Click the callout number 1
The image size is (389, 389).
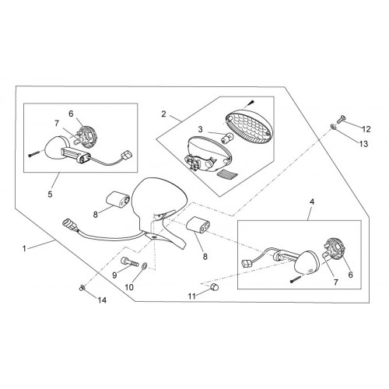(24, 249)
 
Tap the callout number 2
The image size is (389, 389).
(163, 114)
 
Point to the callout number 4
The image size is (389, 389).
(312, 202)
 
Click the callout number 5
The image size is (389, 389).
(50, 194)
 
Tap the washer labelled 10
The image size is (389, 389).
(145, 265)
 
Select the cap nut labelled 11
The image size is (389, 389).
(215, 287)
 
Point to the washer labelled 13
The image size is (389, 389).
(333, 127)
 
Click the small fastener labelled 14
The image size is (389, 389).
(82, 287)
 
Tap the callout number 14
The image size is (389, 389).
(102, 300)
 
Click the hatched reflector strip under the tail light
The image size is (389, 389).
(225, 173)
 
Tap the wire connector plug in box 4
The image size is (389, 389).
(247, 263)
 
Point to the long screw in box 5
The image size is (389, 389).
(34, 154)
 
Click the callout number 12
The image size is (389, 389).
(366, 129)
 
